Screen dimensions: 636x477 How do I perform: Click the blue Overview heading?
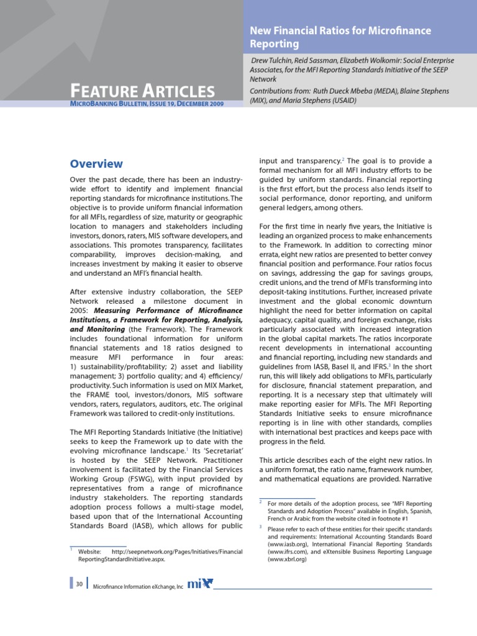tap(96, 164)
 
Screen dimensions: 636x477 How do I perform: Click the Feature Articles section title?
tap(142, 91)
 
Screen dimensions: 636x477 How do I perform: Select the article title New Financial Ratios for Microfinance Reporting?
tap(340, 37)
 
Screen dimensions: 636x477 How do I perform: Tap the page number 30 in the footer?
tap(79, 584)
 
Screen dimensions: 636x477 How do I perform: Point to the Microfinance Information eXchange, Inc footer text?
tap(138, 586)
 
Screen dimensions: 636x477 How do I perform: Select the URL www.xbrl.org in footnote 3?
tap(287, 559)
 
